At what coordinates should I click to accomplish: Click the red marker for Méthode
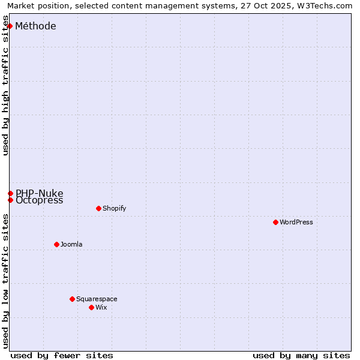click(x=10, y=26)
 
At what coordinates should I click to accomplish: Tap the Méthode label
click(x=35, y=26)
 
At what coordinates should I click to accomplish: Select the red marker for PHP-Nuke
click(x=10, y=193)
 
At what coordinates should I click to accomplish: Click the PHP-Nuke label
click(x=39, y=193)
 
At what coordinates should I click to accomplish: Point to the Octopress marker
click(x=10, y=200)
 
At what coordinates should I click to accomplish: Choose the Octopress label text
click(x=39, y=201)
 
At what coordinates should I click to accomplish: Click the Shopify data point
click(x=98, y=208)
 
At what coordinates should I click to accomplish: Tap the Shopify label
click(x=114, y=208)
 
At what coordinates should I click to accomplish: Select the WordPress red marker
click(x=275, y=222)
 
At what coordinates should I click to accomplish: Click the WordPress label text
click(x=296, y=222)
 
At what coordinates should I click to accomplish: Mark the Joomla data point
click(x=56, y=244)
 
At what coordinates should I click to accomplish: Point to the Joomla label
click(x=71, y=244)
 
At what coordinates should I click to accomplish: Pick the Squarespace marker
click(x=72, y=299)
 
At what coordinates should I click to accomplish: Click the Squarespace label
click(x=97, y=299)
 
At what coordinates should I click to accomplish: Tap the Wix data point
click(x=91, y=307)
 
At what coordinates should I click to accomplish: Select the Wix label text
click(x=101, y=307)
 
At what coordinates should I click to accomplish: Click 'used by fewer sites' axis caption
click(x=62, y=355)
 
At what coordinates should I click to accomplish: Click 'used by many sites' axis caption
click(x=301, y=355)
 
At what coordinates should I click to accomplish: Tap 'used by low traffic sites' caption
click(x=6, y=281)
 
